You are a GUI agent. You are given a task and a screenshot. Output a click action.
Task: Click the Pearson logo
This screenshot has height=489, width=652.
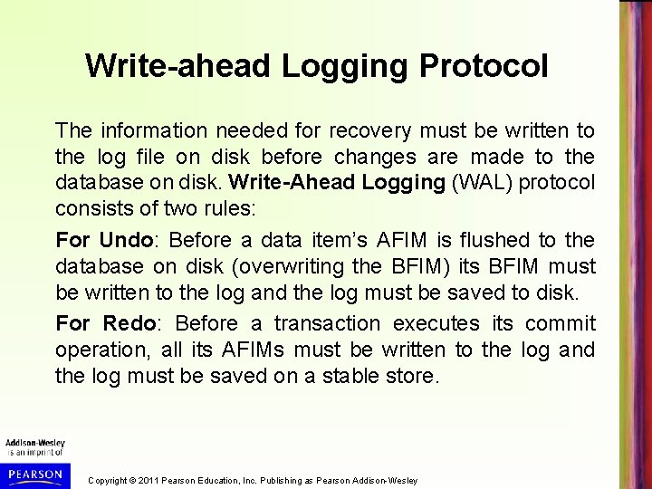pyautogui.click(x=33, y=475)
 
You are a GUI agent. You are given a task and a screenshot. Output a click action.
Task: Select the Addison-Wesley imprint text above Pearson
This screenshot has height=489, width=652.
pyautogui.click(x=33, y=444)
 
